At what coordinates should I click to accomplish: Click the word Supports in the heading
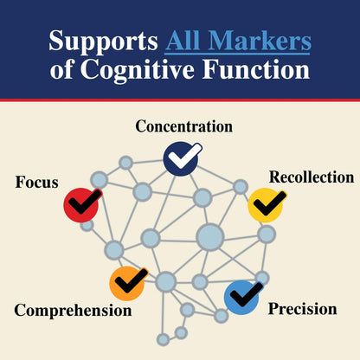[x=103, y=42]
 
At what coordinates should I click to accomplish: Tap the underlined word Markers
[x=260, y=41]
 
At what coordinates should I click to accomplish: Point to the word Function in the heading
[x=256, y=69]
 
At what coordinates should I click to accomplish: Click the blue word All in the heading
[x=183, y=41]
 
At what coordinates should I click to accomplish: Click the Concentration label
[x=184, y=126]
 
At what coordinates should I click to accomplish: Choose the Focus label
[x=36, y=183]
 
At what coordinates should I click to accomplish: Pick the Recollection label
[x=312, y=177]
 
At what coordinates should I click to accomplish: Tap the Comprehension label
[x=73, y=311]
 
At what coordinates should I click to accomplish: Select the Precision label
[x=303, y=309]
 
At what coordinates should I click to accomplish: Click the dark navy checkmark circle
[x=181, y=158]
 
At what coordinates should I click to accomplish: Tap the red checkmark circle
[x=81, y=205]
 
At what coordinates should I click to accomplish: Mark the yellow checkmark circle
[x=266, y=205]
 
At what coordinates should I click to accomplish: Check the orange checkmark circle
[x=127, y=284]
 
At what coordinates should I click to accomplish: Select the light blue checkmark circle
[x=241, y=298]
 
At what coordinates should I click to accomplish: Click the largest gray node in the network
[x=210, y=237]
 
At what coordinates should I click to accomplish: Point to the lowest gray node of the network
[x=164, y=339]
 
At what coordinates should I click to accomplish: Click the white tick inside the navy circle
[x=185, y=156]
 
